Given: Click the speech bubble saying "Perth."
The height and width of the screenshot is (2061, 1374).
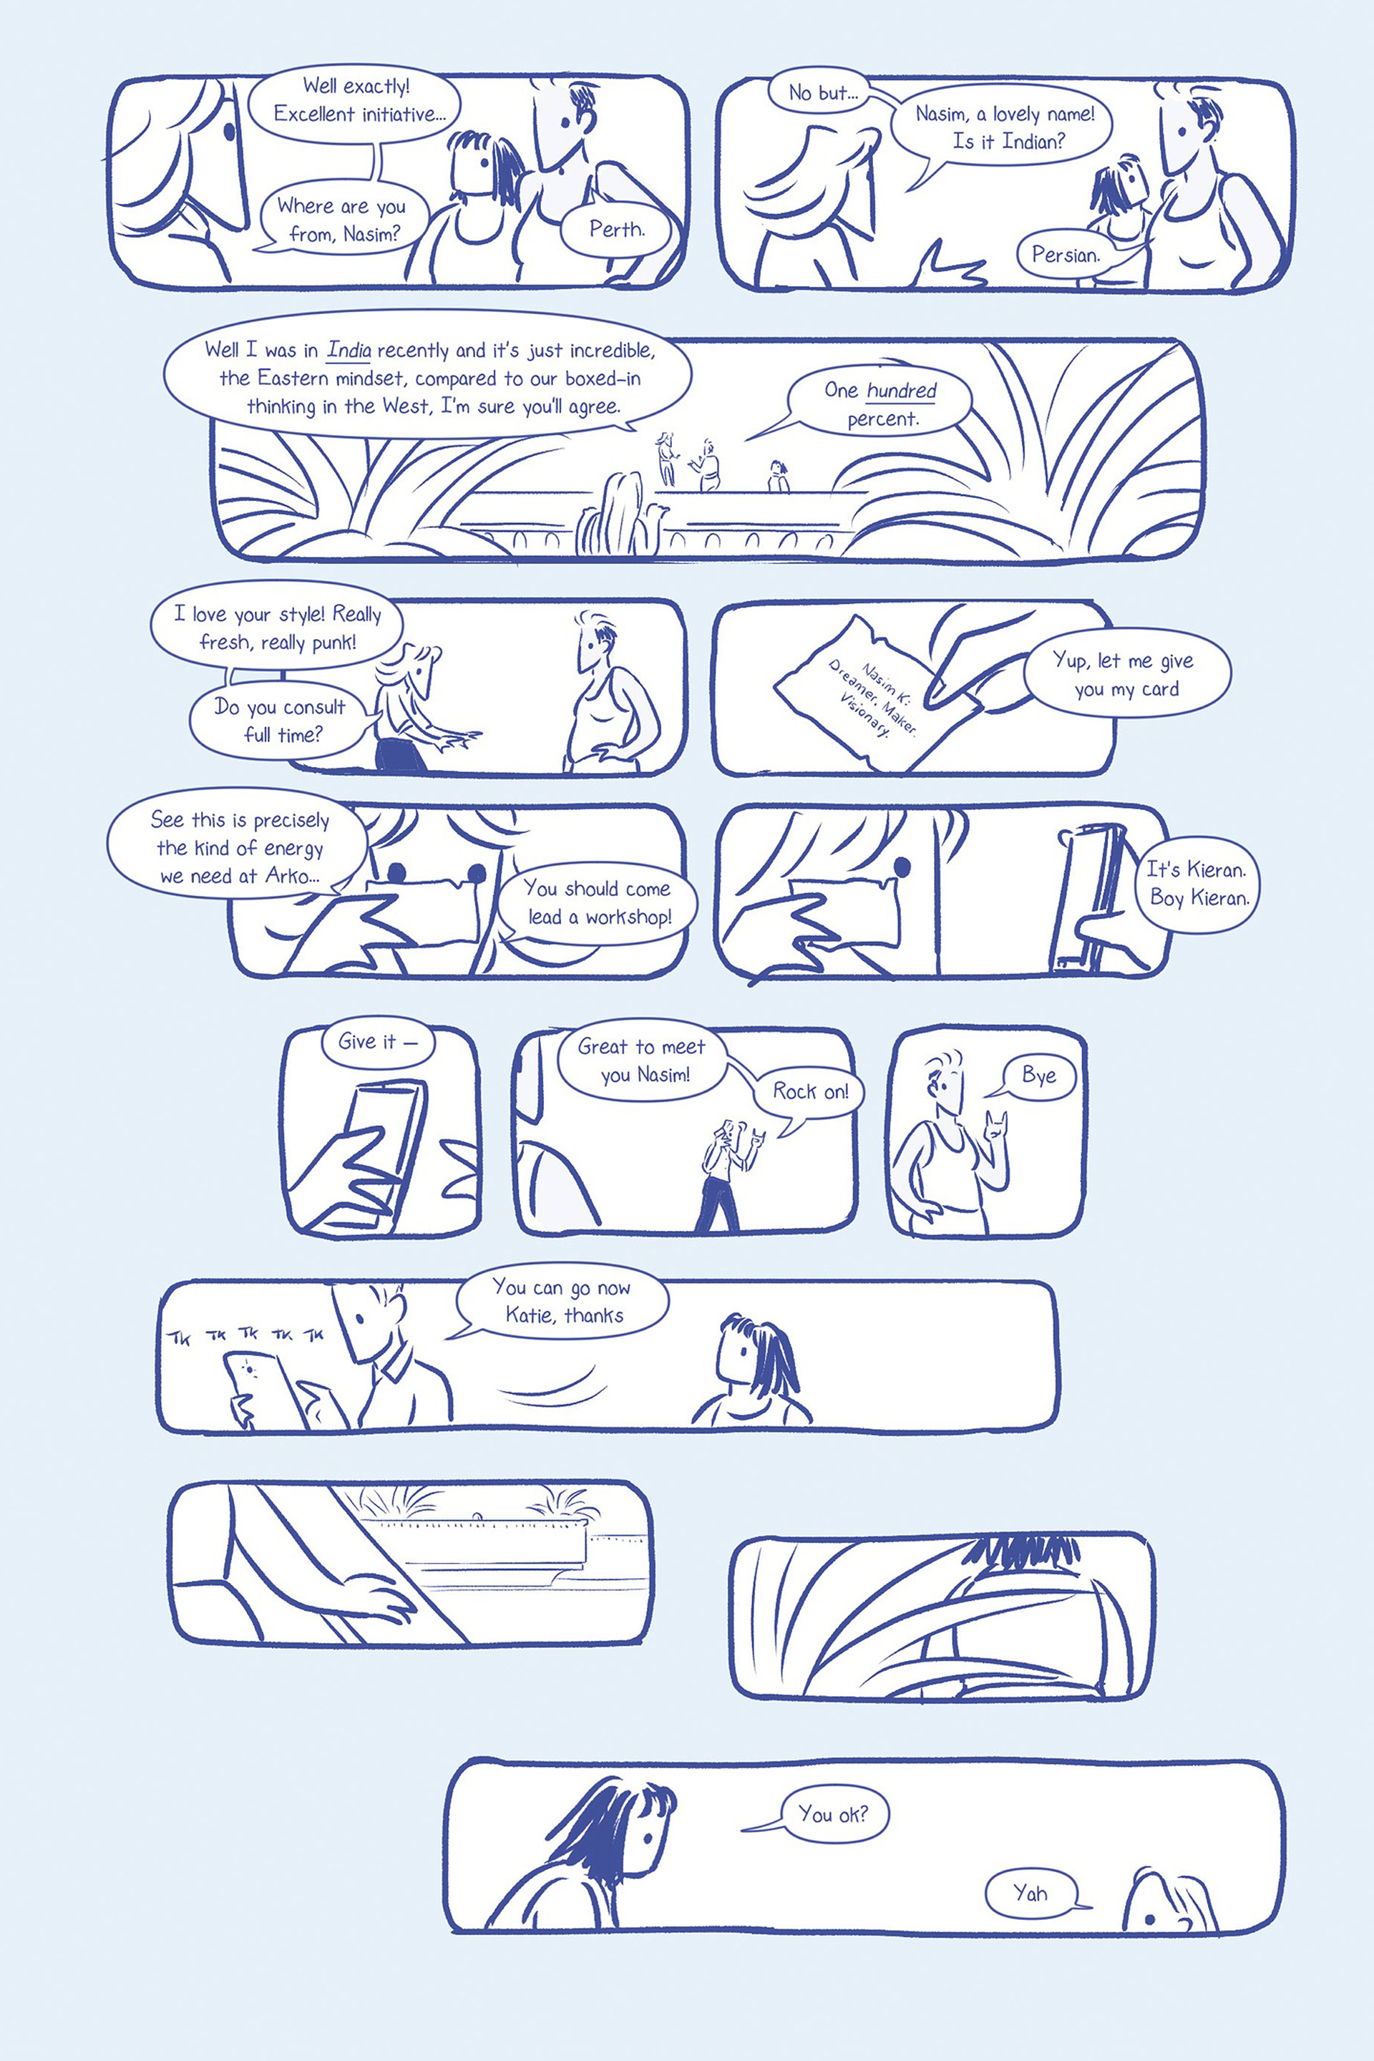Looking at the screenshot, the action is click(x=617, y=230).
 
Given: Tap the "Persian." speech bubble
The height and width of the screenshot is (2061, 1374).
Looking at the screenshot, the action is click(x=1066, y=255).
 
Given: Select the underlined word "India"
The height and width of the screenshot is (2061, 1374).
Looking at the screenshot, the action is click(x=349, y=351).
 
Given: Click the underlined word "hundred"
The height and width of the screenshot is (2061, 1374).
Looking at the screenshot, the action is click(x=902, y=391).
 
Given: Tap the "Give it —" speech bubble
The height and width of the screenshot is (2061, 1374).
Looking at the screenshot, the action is click(x=378, y=1042).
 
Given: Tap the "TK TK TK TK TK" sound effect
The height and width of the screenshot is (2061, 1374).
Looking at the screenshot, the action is click(x=245, y=1335).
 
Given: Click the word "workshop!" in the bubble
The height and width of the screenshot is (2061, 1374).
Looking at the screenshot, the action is click(x=628, y=917).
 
